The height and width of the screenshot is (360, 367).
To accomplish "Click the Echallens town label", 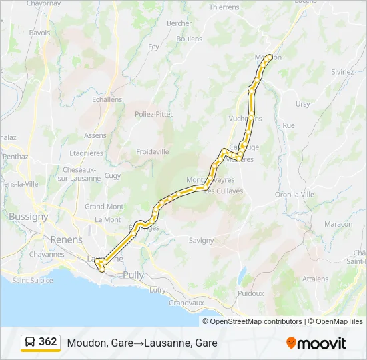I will coord(107,99).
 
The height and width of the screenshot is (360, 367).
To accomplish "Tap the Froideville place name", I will coord(153,152).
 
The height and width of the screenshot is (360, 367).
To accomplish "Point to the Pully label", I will coord(133,275).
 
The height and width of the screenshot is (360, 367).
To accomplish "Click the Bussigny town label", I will coord(29,217).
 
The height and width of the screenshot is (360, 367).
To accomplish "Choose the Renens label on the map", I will coord(66,239).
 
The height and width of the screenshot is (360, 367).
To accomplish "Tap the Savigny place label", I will coord(201,240).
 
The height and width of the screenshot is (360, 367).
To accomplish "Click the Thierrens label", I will coord(224,7).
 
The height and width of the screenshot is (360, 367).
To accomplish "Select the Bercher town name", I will coord(179,23).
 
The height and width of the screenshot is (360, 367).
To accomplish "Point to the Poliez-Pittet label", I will coord(153,114).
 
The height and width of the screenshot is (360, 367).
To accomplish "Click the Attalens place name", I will coord(315,279).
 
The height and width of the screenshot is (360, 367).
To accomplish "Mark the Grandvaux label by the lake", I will coord(186,302).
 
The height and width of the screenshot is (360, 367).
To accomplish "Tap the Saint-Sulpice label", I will coord(32,280).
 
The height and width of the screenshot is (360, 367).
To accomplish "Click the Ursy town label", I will coord(303,104).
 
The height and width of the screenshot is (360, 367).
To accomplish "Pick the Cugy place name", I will coord(113,175).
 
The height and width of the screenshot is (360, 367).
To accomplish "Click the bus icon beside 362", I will coord(31,342).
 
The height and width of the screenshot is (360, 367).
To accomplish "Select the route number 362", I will coord(48,342).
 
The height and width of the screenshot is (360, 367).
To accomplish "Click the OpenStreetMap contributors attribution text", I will coord(254,321).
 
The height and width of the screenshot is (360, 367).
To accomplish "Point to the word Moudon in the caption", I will coord(83,343).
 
